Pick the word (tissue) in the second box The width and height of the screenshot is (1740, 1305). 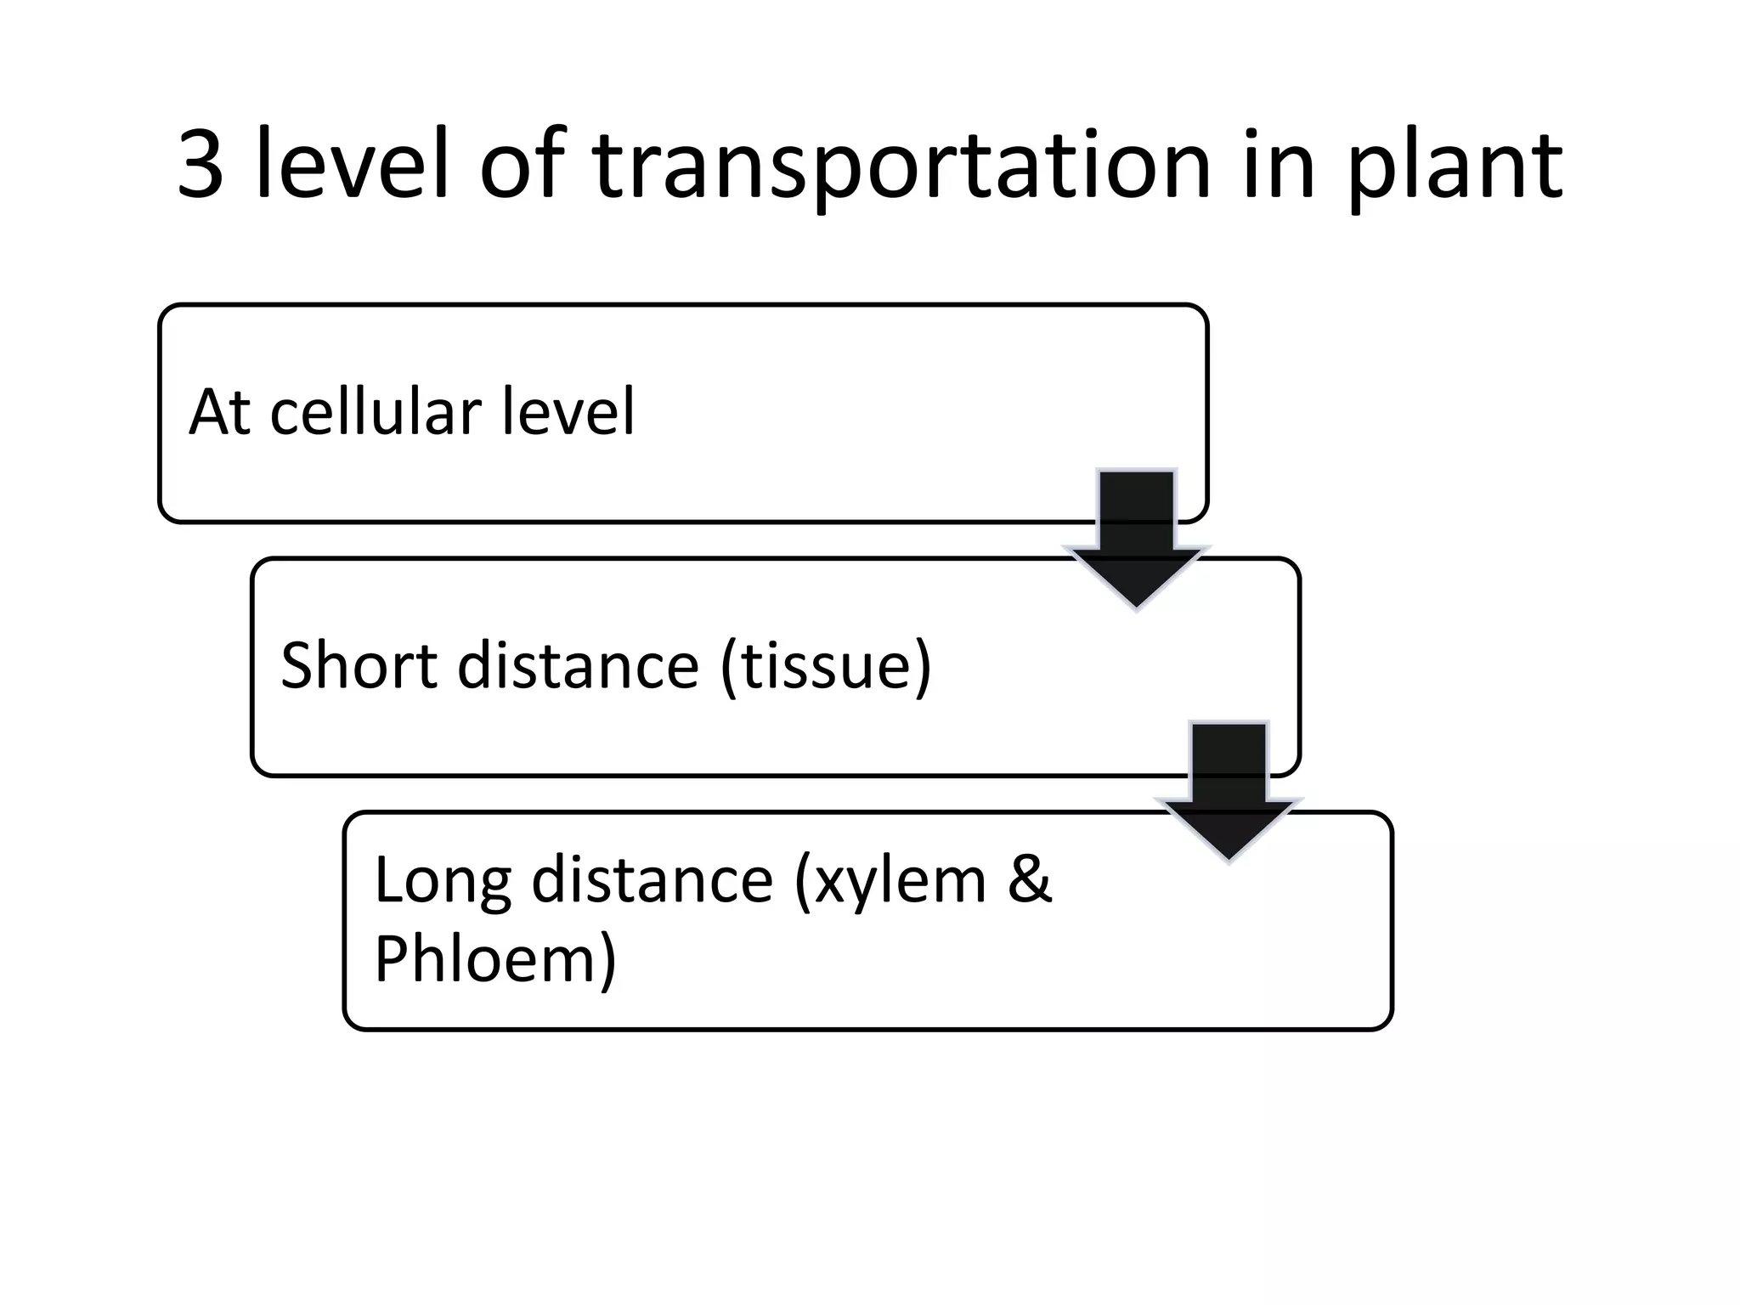(x=826, y=666)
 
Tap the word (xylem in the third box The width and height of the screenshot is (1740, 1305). (x=890, y=882)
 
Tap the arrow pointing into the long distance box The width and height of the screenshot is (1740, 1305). (x=1229, y=791)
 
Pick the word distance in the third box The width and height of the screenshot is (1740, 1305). (x=652, y=880)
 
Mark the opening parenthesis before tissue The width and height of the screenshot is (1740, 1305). (x=728, y=666)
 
